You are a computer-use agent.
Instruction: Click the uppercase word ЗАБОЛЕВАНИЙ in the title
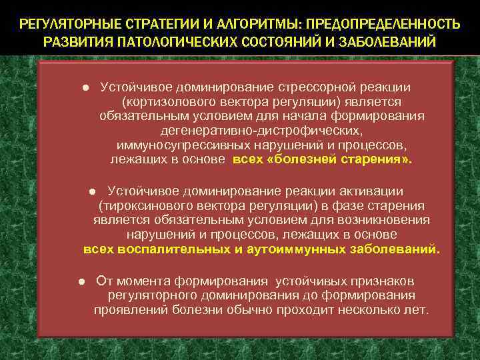[393, 42]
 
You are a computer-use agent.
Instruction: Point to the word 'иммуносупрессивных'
[178, 145]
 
